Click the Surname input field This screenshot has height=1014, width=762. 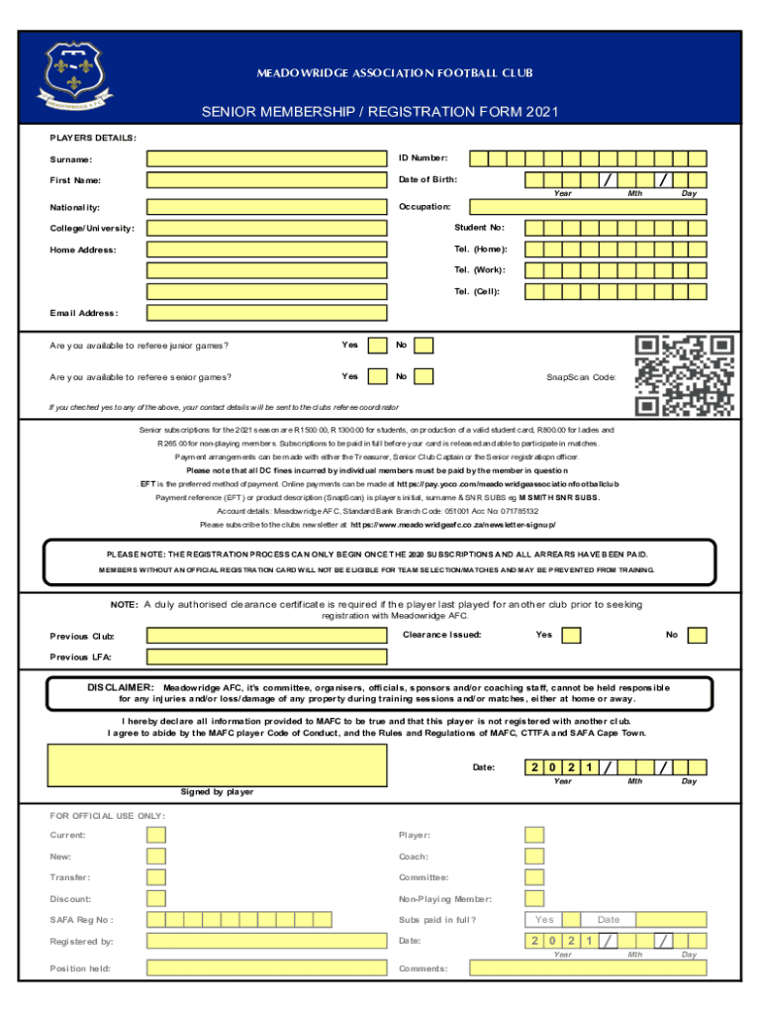coord(265,158)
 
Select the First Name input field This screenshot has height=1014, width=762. coord(265,179)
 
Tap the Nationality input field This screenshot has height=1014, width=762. coord(265,208)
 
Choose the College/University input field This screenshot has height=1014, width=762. coord(265,229)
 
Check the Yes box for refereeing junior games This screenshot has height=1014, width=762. coord(377,346)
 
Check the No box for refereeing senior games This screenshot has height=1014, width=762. coord(424,376)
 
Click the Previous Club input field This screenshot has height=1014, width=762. coord(265,636)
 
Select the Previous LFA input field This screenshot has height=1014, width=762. coord(265,657)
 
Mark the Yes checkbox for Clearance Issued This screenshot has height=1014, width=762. coord(572,635)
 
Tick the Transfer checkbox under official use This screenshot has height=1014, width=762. coord(156,877)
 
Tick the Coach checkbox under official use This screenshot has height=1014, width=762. coord(534,857)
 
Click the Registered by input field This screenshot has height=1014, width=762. coord(265,942)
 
